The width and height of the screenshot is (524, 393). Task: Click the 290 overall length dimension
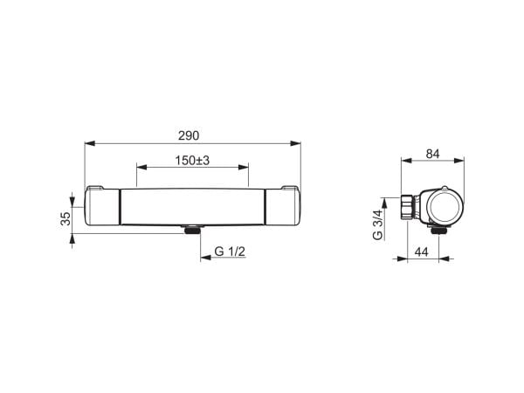click(x=189, y=135)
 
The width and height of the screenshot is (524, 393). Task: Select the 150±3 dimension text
click(x=192, y=161)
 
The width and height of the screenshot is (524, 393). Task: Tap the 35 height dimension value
click(x=66, y=218)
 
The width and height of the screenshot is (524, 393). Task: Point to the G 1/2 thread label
click(x=230, y=252)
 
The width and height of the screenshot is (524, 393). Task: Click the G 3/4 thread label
click(x=377, y=224)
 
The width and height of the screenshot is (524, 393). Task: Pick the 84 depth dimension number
click(x=433, y=154)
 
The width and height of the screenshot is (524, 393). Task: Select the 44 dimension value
click(x=422, y=252)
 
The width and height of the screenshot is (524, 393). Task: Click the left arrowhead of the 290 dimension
click(x=90, y=143)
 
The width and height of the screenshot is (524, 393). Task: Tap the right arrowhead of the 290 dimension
click(x=295, y=143)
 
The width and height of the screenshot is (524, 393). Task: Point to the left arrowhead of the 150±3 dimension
click(x=142, y=167)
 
